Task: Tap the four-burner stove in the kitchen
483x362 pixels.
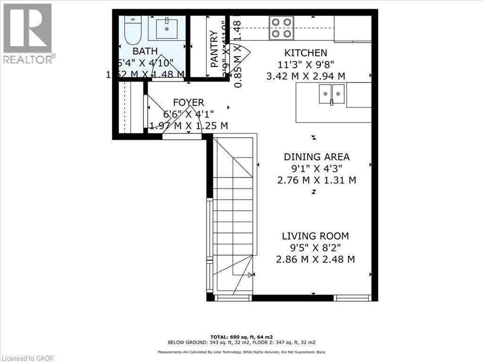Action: (282, 28)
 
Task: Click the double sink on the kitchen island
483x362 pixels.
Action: (332, 93)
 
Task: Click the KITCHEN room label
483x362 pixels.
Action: (305, 53)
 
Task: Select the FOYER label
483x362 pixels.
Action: (188, 102)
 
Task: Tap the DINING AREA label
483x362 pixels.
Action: (316, 157)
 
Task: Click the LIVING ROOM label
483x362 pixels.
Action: (315, 236)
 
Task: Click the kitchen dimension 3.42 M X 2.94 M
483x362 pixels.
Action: (306, 75)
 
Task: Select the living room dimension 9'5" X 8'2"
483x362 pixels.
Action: (316, 247)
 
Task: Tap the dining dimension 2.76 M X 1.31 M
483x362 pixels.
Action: (316, 180)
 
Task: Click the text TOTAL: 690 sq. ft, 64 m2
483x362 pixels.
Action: (241, 337)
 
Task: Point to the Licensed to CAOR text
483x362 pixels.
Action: (27, 358)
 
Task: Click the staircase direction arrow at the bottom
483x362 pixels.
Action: (250, 274)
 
